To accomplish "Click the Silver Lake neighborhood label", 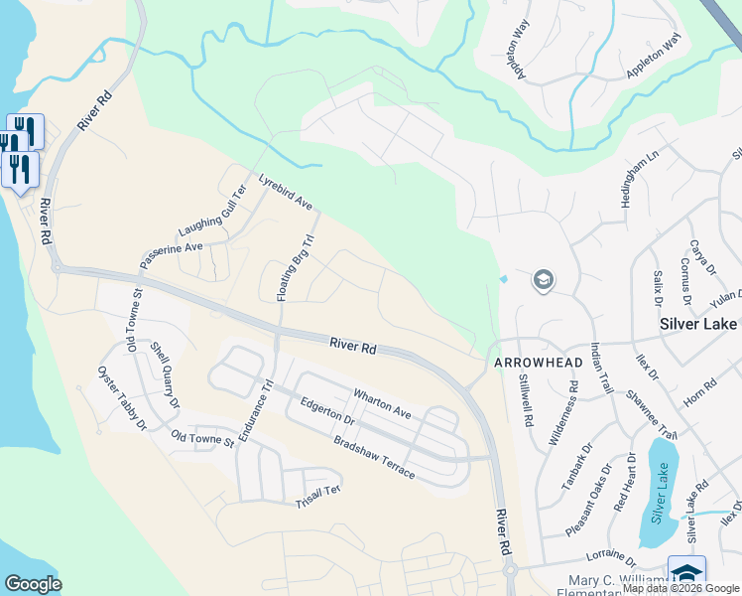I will (698, 324).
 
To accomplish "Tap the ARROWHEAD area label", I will (538, 364).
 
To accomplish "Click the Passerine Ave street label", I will (172, 252).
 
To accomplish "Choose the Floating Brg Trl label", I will (295, 268).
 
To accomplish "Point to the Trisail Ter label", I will (317, 498).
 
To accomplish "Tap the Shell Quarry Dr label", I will (165, 375).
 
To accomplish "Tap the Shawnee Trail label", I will (651, 414).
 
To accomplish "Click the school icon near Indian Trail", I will (543, 281).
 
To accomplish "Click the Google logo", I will (33, 584).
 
